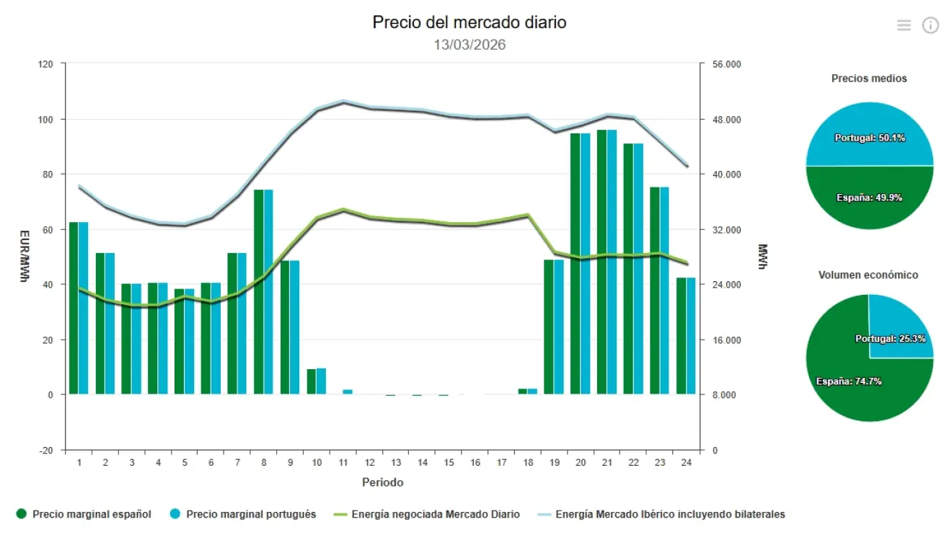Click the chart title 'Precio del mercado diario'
click(470, 22)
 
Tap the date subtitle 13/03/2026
click(470, 45)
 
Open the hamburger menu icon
click(904, 25)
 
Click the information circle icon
click(930, 25)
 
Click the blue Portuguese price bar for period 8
click(268, 292)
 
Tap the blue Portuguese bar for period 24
click(691, 336)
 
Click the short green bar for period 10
click(312, 381)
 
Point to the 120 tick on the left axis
click(46, 64)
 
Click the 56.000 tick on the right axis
click(726, 64)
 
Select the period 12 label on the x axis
click(369, 463)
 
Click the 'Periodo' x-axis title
click(382, 482)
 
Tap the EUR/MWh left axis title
click(24, 257)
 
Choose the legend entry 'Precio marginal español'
click(92, 514)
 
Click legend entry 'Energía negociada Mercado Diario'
click(435, 514)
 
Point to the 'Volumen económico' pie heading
click(868, 275)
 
